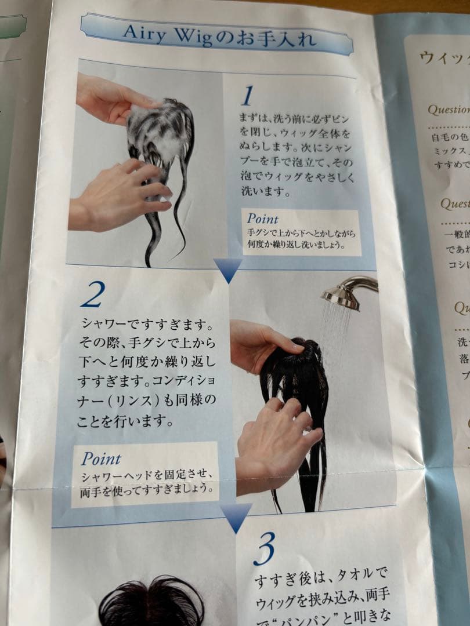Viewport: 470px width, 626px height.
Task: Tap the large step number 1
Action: point(248,96)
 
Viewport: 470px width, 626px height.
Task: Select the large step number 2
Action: point(92,295)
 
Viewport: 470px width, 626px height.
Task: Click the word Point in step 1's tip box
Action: point(262,219)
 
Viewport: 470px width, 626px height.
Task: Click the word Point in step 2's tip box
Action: point(101,458)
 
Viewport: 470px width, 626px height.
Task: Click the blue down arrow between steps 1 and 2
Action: point(227,269)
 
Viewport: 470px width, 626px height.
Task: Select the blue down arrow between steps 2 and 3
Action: point(236,516)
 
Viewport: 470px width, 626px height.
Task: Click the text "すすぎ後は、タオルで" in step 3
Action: point(321,578)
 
